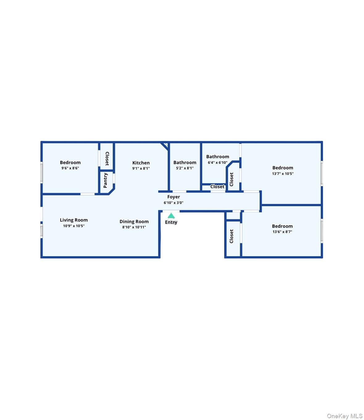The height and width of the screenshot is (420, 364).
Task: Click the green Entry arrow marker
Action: click(171, 216)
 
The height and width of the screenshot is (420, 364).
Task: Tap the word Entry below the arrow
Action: click(171, 222)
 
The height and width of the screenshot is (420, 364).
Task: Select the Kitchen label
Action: click(141, 163)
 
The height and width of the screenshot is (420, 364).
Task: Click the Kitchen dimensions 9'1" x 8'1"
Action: click(141, 168)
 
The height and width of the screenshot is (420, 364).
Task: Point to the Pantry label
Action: click(105, 180)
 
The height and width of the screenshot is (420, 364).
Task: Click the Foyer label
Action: click(174, 197)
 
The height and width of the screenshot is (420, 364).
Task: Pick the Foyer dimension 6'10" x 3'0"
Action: click(174, 203)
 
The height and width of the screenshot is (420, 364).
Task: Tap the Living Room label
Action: click(74, 220)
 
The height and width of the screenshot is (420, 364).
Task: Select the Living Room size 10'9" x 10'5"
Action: click(74, 226)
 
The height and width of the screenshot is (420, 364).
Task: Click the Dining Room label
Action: click(134, 222)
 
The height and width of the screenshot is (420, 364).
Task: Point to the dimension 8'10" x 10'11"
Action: click(134, 227)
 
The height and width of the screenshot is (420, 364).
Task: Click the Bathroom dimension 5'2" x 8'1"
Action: click(185, 168)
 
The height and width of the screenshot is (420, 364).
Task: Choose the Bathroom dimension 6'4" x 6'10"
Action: click(218, 163)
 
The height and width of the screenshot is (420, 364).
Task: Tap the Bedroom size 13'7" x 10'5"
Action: click(283, 174)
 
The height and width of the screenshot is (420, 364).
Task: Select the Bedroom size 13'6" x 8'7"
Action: click(282, 232)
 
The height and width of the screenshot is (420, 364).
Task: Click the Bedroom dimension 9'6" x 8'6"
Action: click(70, 168)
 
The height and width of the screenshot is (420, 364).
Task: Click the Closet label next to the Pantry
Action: click(107, 159)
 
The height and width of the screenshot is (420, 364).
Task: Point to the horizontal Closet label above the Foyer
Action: click(217, 187)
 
